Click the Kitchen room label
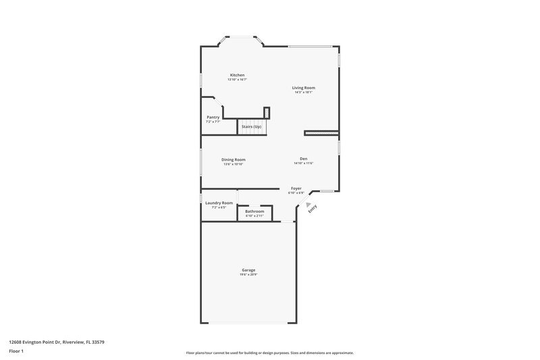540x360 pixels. point(237,75)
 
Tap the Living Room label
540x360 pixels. point(303,88)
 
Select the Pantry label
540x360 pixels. point(213,117)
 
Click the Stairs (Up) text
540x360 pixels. point(252,126)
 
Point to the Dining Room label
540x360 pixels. point(233,159)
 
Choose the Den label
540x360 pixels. point(303,159)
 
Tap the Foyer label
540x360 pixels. point(296,188)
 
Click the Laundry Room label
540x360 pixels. point(219,203)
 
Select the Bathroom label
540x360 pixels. point(254,212)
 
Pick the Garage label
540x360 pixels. point(248,270)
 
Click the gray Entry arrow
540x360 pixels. point(308,204)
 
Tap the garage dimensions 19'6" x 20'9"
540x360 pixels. point(248,275)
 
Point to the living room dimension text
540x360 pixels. point(303,93)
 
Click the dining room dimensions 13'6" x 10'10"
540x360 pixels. point(233,164)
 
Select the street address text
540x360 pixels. point(56,342)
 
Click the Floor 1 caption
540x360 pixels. point(16,351)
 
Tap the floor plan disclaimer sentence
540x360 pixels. point(269,353)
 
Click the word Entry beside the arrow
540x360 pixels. point(313,209)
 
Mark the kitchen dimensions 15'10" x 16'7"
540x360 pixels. point(237,80)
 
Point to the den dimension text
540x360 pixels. point(303,163)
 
